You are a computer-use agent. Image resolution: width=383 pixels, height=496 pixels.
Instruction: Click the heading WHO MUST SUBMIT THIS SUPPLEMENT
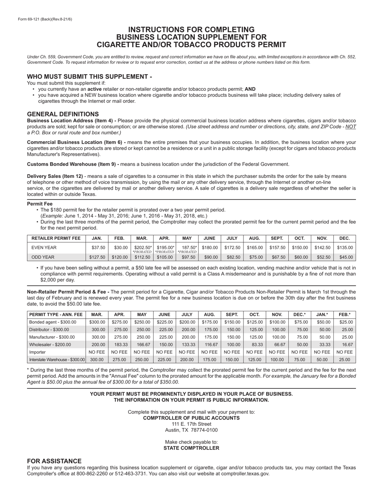[90, 77]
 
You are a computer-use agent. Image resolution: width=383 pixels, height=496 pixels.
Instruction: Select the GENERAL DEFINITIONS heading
[63, 114]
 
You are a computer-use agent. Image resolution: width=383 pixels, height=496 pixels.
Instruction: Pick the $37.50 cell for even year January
[98, 248]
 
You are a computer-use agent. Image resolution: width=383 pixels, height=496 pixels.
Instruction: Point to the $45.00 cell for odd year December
[346, 257]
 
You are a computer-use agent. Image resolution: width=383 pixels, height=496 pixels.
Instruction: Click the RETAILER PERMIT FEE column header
[56, 238]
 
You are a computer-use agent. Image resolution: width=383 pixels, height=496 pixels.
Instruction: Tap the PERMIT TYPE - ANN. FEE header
[56, 314]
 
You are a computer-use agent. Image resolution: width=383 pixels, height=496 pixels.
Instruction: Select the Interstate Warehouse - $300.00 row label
[57, 359]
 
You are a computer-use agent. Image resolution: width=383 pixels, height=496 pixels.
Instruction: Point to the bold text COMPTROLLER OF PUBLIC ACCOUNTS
[191, 418]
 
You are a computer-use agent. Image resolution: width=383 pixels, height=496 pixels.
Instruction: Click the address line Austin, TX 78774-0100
[191, 430]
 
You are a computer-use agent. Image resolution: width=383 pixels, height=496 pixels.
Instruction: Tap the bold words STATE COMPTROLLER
[191, 448]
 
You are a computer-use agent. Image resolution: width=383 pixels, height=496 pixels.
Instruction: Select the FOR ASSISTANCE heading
[54, 461]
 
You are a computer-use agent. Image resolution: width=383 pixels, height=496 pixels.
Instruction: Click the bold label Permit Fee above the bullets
[40, 204]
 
